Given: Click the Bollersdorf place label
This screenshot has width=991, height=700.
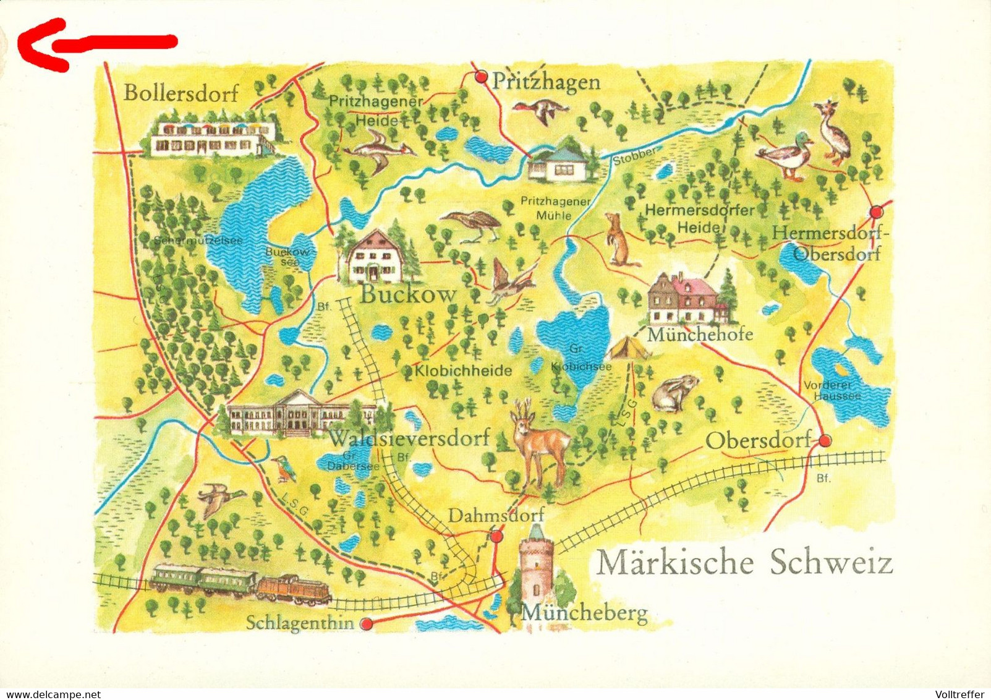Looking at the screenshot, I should [181, 93].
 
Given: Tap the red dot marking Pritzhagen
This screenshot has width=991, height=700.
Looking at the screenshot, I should [481, 77].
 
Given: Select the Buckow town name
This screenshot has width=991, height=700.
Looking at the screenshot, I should [408, 294].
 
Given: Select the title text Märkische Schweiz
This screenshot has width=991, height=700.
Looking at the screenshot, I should [744, 563].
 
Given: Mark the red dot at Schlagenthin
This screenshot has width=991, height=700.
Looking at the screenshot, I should [367, 624].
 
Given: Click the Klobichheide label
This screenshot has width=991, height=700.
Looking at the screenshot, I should [464, 370].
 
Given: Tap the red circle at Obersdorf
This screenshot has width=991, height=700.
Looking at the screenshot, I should [825, 440].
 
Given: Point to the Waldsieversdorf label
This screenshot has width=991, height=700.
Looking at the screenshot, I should [409, 438].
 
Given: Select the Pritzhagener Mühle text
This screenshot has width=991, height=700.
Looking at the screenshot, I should [555, 208].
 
